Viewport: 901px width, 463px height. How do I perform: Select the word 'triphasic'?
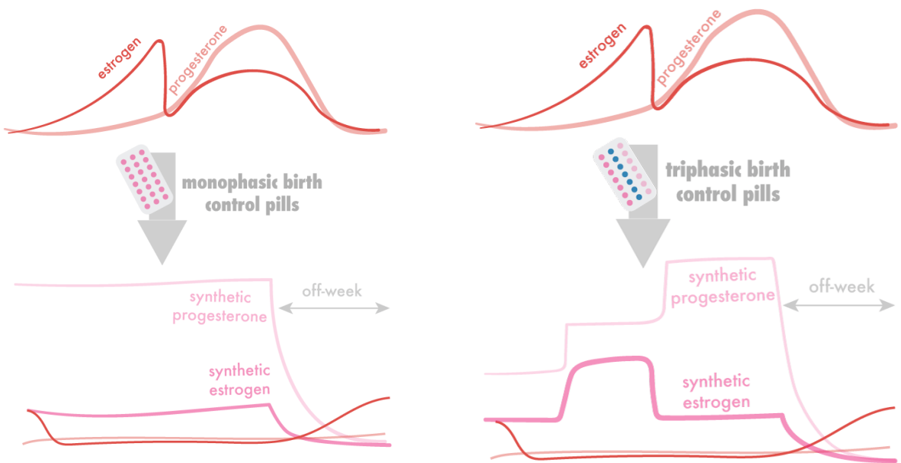click(x=696, y=170)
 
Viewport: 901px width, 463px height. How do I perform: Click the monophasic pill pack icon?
click(x=145, y=179)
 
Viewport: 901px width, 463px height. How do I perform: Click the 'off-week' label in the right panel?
click(x=842, y=287)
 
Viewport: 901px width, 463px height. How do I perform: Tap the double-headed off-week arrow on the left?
click(x=334, y=308)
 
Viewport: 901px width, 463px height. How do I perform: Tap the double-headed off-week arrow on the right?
click(x=840, y=304)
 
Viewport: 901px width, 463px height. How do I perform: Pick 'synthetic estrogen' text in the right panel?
click(x=715, y=391)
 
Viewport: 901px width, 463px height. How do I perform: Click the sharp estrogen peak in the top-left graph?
click(x=161, y=41)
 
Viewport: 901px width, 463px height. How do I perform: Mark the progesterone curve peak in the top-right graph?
click(x=758, y=11)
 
